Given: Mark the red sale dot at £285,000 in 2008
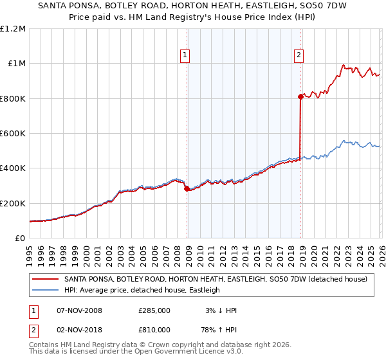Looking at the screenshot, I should [x=187, y=189].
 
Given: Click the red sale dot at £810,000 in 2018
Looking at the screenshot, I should [x=300, y=97].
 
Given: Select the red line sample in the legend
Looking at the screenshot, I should [x=46, y=280].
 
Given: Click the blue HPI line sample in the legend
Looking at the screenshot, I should [x=46, y=291].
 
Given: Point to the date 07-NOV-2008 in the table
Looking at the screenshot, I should [x=80, y=310].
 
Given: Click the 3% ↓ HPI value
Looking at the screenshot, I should [x=220, y=310].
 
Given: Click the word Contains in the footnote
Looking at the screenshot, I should [x=43, y=345].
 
